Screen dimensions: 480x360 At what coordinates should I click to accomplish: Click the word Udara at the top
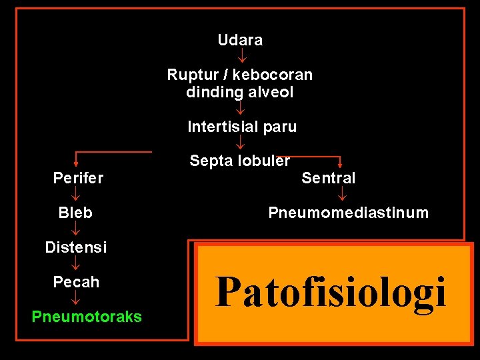[x=240, y=40]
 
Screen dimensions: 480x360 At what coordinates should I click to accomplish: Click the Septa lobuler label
[x=240, y=161]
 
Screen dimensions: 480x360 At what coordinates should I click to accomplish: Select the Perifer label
[x=78, y=178]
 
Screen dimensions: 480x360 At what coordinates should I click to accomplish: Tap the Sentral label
[x=329, y=178]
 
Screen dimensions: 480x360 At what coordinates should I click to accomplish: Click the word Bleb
[x=75, y=213]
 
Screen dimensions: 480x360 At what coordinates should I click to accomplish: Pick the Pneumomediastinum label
[x=348, y=213]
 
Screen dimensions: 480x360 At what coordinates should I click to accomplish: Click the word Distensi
[x=75, y=247]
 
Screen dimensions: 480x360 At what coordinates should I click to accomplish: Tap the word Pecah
[x=76, y=282]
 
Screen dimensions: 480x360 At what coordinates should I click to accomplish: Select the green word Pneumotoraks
[x=87, y=317]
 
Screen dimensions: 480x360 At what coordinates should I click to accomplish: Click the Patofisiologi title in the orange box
[x=331, y=291]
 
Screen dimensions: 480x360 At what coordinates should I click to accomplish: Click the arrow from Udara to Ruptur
[x=241, y=57]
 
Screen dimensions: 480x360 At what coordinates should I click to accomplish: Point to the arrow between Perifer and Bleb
[x=76, y=195]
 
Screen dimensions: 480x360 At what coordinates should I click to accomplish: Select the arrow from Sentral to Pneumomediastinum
[x=341, y=195]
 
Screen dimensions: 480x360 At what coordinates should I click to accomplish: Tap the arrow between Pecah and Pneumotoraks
[x=76, y=299]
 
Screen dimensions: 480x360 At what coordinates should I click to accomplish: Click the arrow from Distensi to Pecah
[x=76, y=265]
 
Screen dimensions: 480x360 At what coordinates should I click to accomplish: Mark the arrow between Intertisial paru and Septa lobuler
[x=241, y=143]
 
